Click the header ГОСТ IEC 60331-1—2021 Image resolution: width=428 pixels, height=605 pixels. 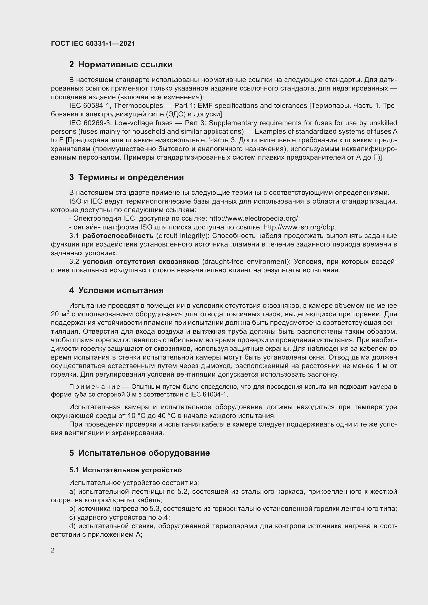[x=93, y=43]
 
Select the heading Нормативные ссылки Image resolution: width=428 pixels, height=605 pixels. [x=125, y=65]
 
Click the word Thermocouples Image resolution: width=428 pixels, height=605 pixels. [x=138, y=106]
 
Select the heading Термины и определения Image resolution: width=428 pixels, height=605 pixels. [x=131, y=177]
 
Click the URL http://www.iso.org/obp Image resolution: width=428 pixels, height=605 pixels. [x=300, y=227]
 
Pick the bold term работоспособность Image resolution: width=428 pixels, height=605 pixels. [x=118, y=236]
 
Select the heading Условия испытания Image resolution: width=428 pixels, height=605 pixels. [x=121, y=290]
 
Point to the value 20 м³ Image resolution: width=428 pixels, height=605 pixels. [x=60, y=314]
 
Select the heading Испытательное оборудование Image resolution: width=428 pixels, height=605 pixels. [x=144, y=453]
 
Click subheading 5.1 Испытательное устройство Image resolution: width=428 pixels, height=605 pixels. [x=126, y=470]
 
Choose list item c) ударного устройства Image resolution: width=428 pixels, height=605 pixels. [x=119, y=517]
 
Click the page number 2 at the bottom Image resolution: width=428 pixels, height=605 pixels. [x=53, y=550]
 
